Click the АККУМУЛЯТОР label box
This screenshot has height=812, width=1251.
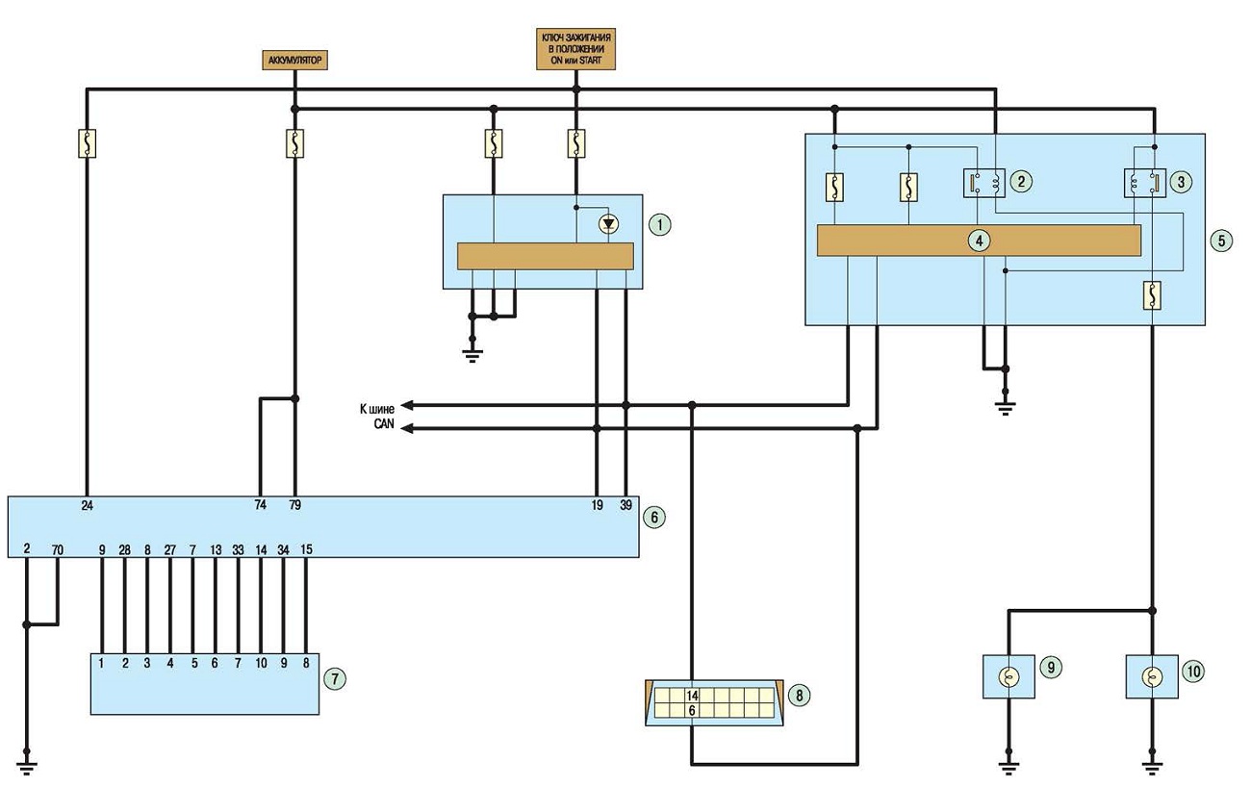tap(294, 61)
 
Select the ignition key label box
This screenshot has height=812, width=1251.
tap(575, 49)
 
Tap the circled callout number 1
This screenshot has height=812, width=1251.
tap(659, 225)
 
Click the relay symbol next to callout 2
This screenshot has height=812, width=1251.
tap(984, 183)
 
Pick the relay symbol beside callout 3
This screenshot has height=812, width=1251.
tap(1144, 183)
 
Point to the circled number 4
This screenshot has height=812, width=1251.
tap(979, 241)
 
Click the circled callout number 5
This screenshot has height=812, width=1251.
tap(1221, 241)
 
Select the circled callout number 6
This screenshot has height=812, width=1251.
tap(654, 518)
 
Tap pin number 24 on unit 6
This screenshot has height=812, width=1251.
tap(88, 505)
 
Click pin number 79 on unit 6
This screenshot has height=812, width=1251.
tap(294, 505)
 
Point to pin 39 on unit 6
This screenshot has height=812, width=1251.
tap(625, 505)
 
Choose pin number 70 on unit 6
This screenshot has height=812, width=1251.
tap(58, 550)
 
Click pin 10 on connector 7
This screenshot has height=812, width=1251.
tap(261, 664)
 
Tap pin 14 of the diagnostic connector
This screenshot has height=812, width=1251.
tap(692, 696)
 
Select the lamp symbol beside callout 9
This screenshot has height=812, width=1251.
tap(1008, 677)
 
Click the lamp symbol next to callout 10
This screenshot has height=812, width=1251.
tap(1152, 677)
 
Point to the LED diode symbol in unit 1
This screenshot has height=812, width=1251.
tap(608, 224)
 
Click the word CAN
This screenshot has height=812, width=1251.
tap(384, 424)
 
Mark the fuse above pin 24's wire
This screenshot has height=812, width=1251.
tap(88, 143)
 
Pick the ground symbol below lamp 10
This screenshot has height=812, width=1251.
tap(1152, 769)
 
